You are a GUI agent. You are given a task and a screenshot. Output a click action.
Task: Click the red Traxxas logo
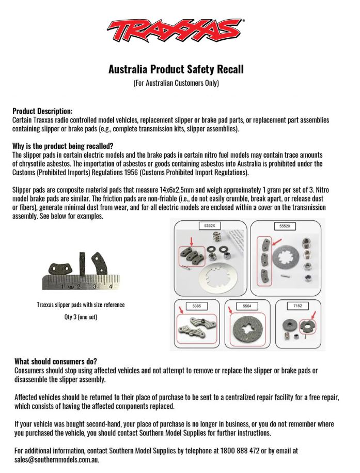(x=176, y=32)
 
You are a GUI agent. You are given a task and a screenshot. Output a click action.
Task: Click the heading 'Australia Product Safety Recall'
(x=176, y=69)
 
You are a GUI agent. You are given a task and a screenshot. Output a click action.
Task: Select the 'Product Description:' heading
(x=42, y=111)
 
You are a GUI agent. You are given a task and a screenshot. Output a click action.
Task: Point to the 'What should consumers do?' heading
(x=56, y=361)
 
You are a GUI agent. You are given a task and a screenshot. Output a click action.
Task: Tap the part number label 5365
(x=197, y=307)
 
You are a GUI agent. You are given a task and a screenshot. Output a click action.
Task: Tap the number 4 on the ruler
(x=111, y=286)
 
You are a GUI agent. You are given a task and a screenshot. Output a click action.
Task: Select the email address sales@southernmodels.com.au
(x=57, y=459)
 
